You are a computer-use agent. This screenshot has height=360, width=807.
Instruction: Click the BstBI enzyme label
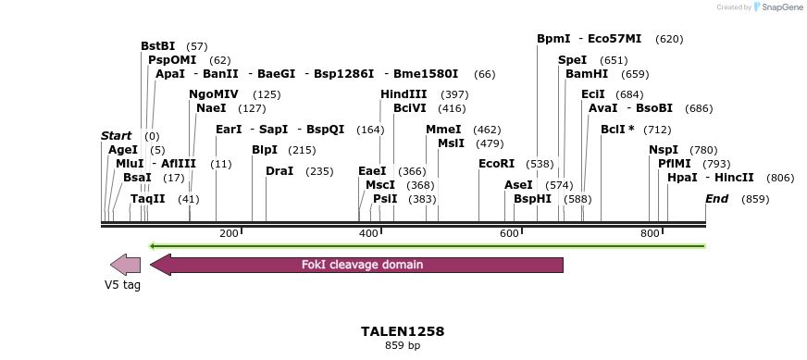pos(157,45)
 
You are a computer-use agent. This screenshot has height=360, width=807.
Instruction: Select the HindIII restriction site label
pos(404,94)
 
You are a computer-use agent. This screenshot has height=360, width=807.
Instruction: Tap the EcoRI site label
pos(496,164)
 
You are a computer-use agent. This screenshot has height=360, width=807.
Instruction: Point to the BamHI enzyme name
pos(587,74)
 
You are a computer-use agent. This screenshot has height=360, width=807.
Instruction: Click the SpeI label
pos(572,60)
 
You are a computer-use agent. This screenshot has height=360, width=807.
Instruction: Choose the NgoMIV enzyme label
pos(214,94)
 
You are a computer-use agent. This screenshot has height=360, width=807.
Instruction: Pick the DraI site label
pos(279,171)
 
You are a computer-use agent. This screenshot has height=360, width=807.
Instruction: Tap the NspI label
pos(664,150)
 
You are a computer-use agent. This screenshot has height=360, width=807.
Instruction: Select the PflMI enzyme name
pos(675,164)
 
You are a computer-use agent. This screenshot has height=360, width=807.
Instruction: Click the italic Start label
pos(116,136)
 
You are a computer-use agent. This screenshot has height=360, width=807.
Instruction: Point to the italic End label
pos(717,199)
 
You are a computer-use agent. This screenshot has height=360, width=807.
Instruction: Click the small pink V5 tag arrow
pos(125,266)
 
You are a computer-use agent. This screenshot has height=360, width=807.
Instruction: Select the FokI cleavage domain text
pos(362,265)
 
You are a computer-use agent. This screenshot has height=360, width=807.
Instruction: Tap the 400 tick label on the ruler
pos(369,233)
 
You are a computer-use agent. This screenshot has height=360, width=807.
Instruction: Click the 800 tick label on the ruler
pos(650,233)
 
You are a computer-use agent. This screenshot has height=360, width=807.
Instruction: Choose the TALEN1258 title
pos(403,330)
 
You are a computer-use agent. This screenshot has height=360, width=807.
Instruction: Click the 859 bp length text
pos(403,346)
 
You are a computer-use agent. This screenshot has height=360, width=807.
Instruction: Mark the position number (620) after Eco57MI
pos(669,39)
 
